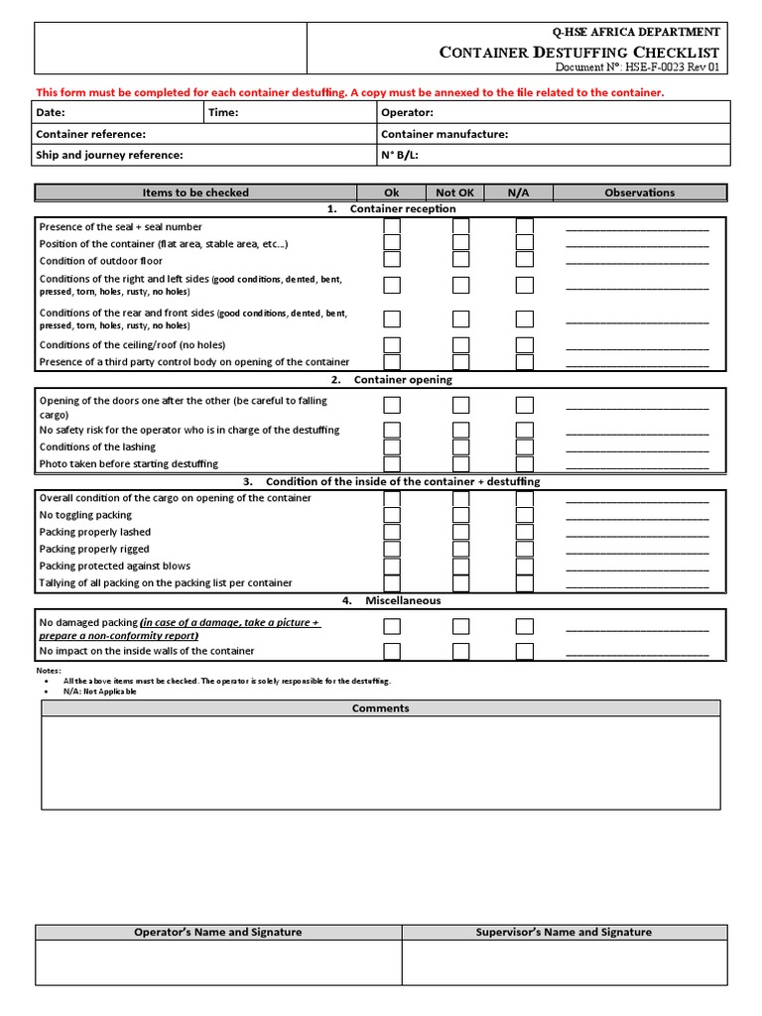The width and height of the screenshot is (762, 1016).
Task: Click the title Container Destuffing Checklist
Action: pyautogui.click(x=579, y=52)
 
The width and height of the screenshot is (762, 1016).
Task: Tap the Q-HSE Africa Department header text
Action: pyautogui.click(x=636, y=33)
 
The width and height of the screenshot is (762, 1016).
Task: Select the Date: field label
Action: pyautogui.click(x=51, y=113)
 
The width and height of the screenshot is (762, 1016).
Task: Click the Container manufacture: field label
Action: pyautogui.click(x=444, y=134)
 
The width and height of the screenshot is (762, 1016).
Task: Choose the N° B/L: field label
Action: pyautogui.click(x=402, y=155)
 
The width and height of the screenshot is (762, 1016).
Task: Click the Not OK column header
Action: pyautogui.click(x=455, y=192)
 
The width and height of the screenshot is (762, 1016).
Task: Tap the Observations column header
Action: pyautogui.click(x=639, y=192)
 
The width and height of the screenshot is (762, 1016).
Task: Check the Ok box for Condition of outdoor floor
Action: pyautogui.click(x=392, y=260)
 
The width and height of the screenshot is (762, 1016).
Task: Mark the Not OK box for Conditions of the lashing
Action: pyautogui.click(x=460, y=447)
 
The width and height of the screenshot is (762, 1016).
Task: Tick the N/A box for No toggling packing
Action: pyautogui.click(x=524, y=516)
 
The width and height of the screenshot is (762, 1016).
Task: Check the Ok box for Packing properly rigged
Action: pyautogui.click(x=392, y=550)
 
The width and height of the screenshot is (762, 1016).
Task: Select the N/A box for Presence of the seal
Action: pyautogui.click(x=524, y=227)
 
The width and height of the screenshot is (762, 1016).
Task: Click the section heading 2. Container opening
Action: pyautogui.click(x=392, y=380)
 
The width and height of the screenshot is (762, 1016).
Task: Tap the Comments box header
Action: pyautogui.click(x=381, y=708)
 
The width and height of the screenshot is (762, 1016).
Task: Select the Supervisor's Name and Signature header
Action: pyautogui.click(x=564, y=932)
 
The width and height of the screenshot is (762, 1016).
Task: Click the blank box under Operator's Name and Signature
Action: pyautogui.click(x=218, y=962)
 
